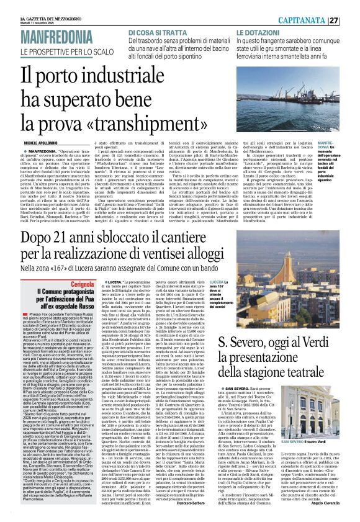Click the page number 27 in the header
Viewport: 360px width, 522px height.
tap(351, 6)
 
